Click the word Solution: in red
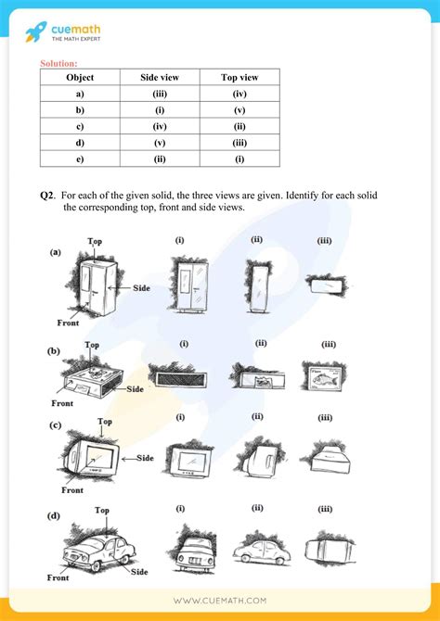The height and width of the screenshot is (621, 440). pos(59,63)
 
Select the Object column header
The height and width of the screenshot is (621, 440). pos(81,79)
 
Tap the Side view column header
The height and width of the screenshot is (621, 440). pos(160,79)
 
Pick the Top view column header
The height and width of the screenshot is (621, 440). pos(239,79)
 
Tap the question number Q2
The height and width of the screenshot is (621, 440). pos(47,196)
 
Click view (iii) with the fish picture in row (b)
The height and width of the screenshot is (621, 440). pos(323,377)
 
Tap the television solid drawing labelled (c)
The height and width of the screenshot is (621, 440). pos(94,458)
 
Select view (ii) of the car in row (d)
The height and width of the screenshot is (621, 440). pos(260,548)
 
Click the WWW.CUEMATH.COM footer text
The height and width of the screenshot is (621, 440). pos(219,601)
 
